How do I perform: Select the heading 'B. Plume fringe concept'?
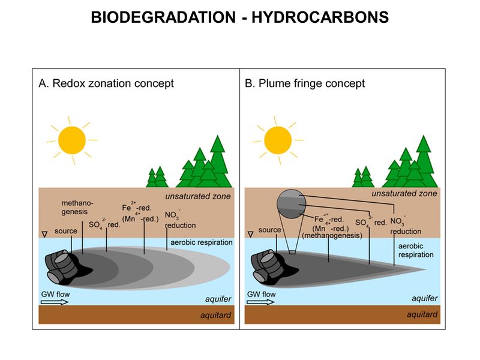[x=305, y=83]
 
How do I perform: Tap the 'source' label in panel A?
[x=65, y=230]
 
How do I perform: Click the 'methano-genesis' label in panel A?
[x=76, y=208]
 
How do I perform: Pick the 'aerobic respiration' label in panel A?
[x=201, y=242]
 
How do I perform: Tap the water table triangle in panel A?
[x=43, y=233]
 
